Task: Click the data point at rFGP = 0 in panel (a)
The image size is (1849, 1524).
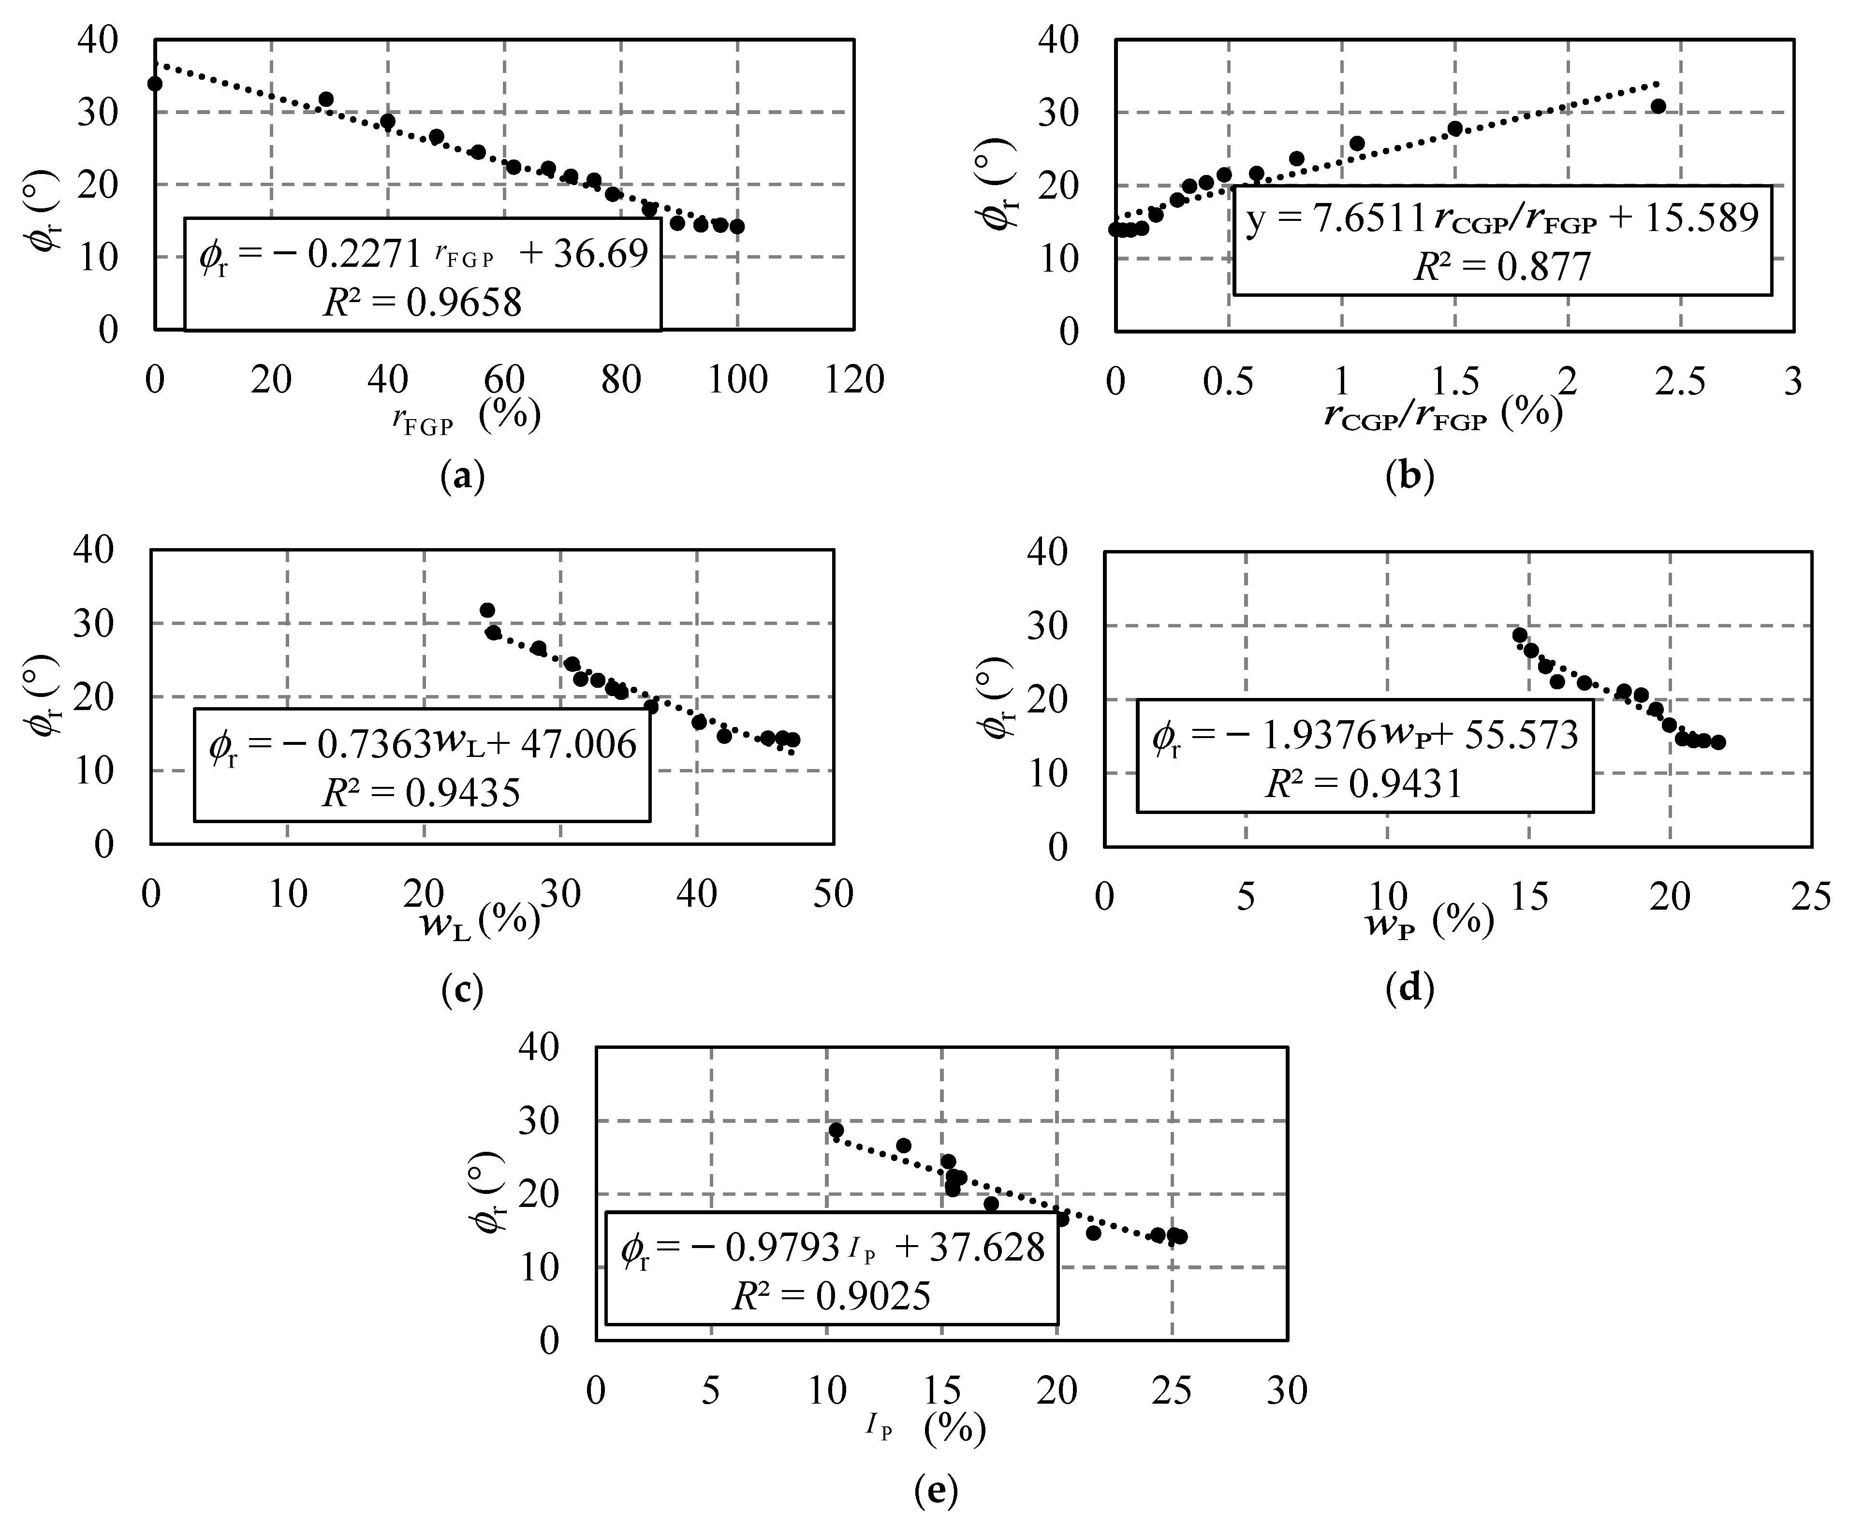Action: [155, 84]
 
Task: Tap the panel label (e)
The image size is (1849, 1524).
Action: [936, 1490]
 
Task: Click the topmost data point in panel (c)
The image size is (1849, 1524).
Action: [487, 610]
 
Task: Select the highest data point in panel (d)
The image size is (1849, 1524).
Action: [1520, 635]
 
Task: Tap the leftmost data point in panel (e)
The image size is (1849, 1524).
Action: [836, 1130]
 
